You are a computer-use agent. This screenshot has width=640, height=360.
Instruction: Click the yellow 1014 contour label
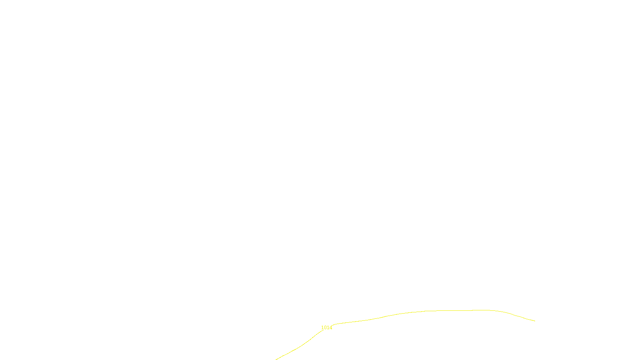326,328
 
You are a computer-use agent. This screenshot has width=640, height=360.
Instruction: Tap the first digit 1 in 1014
322,328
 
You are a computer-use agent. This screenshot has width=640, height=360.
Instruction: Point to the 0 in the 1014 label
325,328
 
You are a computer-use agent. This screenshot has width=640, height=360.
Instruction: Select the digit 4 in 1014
331,328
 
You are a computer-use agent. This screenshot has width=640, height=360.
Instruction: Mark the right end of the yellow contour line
535,321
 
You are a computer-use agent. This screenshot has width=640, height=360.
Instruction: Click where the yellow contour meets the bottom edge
276,359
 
